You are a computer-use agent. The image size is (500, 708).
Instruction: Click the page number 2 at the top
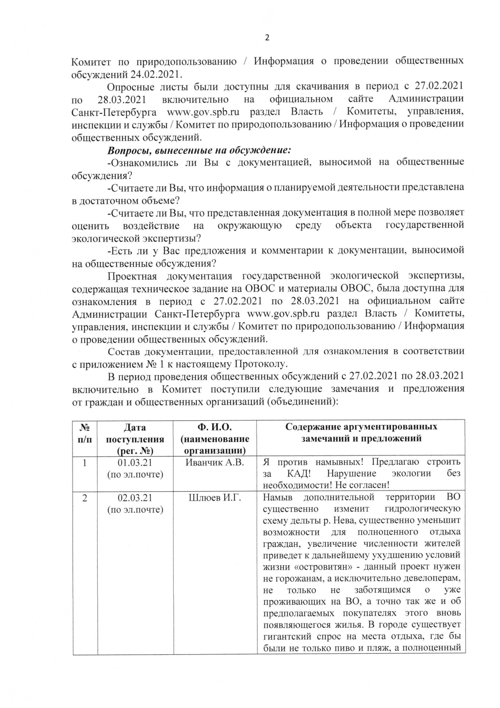point(267,38)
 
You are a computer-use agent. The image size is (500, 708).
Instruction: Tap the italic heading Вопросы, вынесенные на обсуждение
point(199,150)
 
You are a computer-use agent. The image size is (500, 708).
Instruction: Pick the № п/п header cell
point(85,433)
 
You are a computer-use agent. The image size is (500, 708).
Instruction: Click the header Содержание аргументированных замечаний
point(361,432)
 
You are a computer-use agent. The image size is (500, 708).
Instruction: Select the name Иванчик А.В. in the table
point(215,462)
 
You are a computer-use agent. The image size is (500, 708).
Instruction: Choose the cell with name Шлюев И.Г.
point(215,498)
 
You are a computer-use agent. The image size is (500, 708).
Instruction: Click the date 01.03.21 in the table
point(135,462)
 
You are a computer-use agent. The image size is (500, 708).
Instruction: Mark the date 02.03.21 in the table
point(135,498)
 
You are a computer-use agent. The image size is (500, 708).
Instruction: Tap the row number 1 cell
point(85,462)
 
